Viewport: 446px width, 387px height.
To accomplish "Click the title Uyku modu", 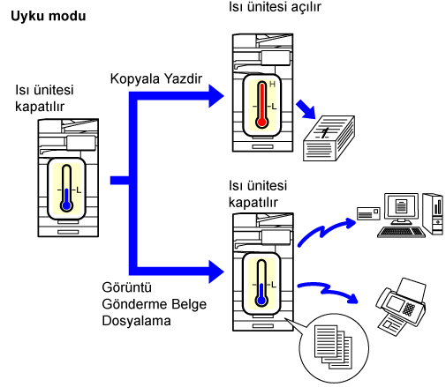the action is pyautogui.click(x=49, y=16).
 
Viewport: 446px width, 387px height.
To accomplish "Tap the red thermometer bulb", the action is pyautogui.click(x=261, y=122).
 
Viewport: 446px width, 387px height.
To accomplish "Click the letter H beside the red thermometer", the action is pyautogui.click(x=272, y=85).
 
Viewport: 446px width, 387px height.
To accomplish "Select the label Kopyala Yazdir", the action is pyautogui.click(x=156, y=78).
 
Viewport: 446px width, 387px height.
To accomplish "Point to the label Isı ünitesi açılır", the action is pyautogui.click(x=275, y=6).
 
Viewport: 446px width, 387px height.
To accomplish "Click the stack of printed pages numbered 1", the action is pyautogui.click(x=329, y=138).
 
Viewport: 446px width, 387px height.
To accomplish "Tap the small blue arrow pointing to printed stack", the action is pyautogui.click(x=306, y=109).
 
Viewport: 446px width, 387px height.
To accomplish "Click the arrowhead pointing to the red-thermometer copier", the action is pyautogui.click(x=216, y=96).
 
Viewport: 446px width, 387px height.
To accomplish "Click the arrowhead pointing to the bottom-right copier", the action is pyautogui.click(x=216, y=272).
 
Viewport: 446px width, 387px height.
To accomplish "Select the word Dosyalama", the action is pyautogui.click(x=136, y=321).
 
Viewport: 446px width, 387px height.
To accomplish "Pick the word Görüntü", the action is pyautogui.click(x=126, y=287).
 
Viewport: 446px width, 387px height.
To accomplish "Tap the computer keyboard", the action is pyautogui.click(x=401, y=232).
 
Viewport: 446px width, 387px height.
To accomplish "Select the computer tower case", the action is pyautogui.click(x=433, y=214).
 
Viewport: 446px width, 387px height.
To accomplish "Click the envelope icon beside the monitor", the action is pyautogui.click(x=368, y=213).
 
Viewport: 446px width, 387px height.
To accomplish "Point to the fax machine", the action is pyautogui.click(x=401, y=306).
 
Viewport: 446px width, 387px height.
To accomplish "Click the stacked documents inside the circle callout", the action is pyautogui.click(x=333, y=346).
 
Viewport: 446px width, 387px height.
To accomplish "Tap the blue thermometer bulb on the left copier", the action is pyautogui.click(x=67, y=205).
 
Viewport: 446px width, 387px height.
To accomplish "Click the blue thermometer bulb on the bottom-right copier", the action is pyautogui.click(x=261, y=301).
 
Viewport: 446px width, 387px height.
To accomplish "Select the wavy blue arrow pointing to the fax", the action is pyautogui.click(x=327, y=290).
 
